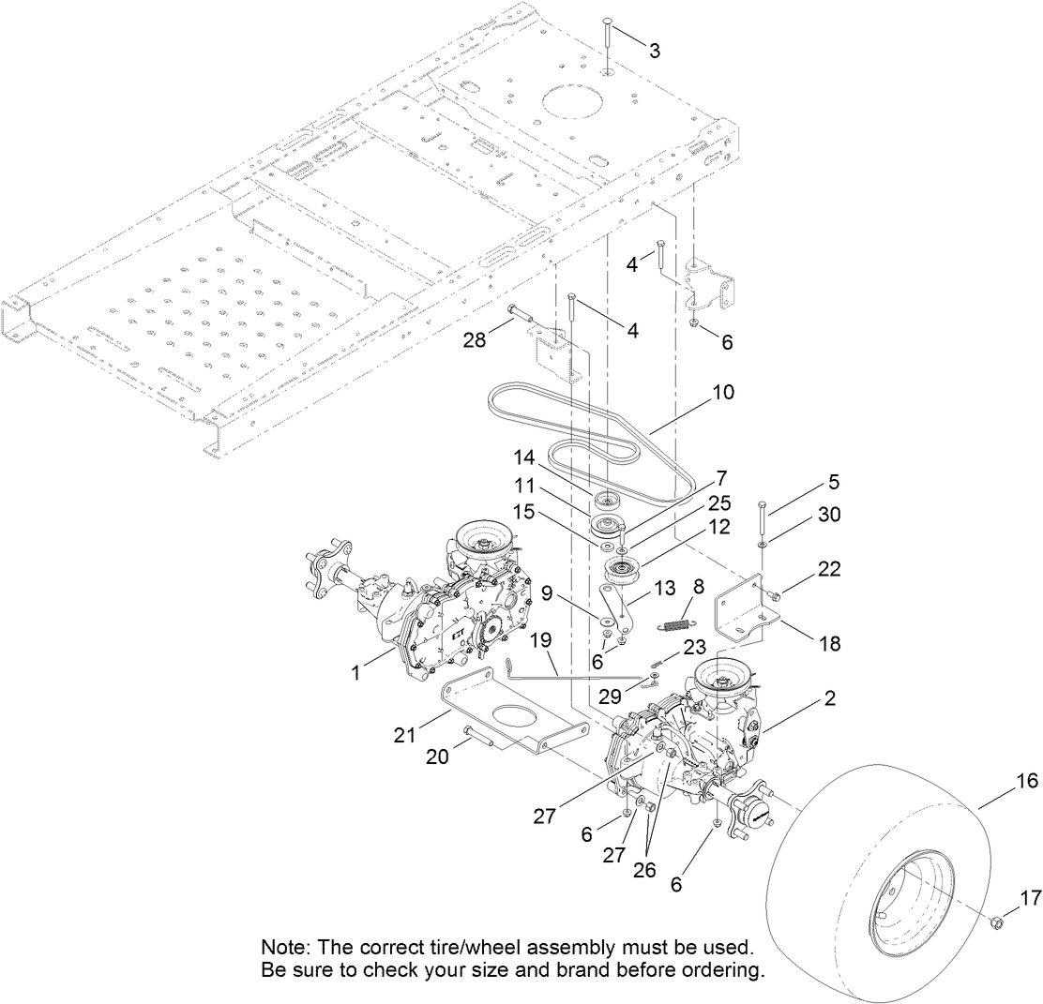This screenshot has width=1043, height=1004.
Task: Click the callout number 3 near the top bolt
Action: point(654,51)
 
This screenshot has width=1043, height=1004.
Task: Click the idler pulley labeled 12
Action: point(618,568)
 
